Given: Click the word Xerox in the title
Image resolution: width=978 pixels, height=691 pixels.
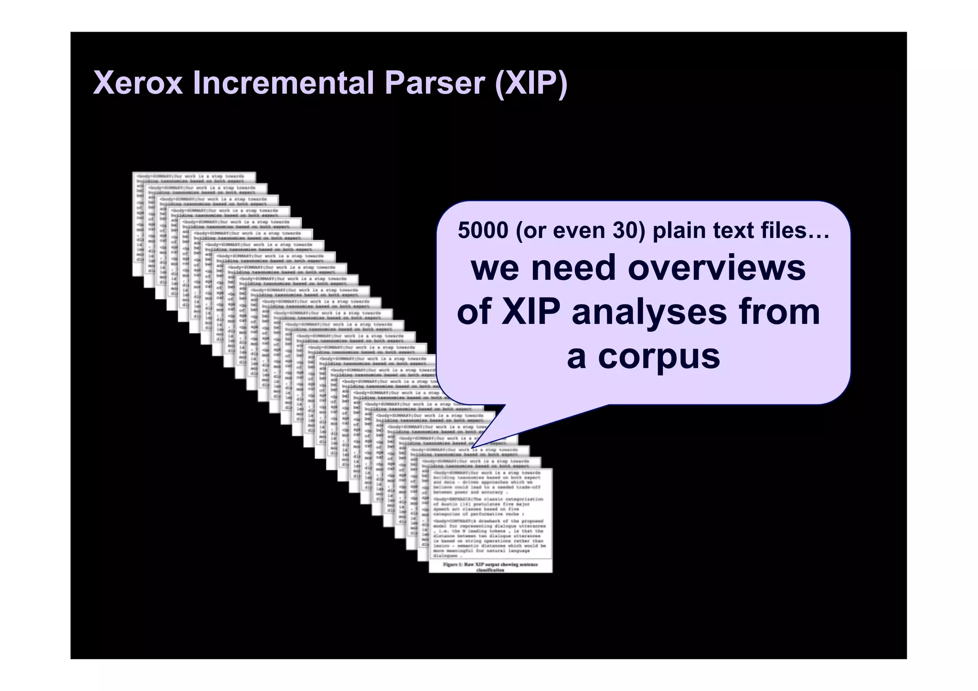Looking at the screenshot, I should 138,83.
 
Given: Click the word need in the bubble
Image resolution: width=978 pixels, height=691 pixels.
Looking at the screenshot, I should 574,268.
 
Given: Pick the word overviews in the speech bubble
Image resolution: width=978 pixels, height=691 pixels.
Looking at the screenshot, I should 717,268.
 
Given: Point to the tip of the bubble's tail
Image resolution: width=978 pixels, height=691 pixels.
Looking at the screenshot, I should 473,447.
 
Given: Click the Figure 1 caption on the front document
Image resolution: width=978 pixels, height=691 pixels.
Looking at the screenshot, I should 490,567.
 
